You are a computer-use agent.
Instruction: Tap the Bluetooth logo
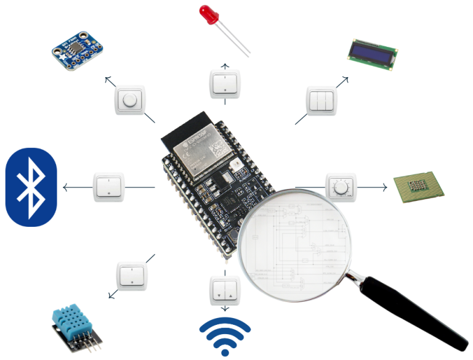tap(31, 187)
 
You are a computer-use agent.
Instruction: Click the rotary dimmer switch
tap(341, 187)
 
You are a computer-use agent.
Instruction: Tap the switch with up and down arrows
tap(225, 289)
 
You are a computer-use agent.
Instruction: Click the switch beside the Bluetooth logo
tap(110, 187)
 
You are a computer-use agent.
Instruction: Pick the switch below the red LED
tap(225, 84)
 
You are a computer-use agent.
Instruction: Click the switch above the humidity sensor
tap(132, 276)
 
